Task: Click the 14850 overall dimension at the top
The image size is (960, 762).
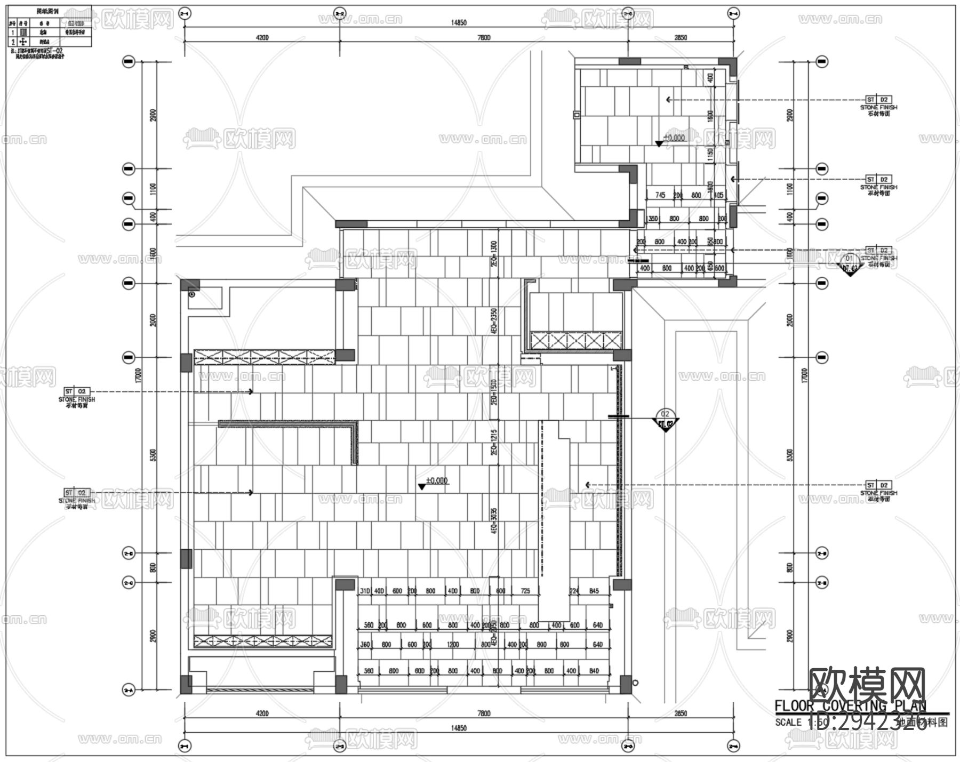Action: (x=459, y=22)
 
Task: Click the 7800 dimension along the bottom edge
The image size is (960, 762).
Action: (x=484, y=713)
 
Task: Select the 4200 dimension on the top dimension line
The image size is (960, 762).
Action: (x=262, y=37)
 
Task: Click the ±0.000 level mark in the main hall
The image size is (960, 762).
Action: (x=437, y=481)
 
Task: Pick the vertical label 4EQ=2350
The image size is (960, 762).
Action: (x=494, y=320)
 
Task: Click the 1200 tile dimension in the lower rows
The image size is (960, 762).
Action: (x=453, y=644)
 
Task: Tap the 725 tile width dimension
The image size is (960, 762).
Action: (x=525, y=591)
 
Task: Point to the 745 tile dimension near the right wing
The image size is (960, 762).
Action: (x=660, y=195)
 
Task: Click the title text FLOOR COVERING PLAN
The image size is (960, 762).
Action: (x=850, y=706)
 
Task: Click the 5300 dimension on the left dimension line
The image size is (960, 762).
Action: (x=154, y=455)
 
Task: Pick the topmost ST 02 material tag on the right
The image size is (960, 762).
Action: (x=878, y=100)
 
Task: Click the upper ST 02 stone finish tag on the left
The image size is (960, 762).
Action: (x=77, y=391)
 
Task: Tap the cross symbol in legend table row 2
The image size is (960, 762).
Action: (x=23, y=42)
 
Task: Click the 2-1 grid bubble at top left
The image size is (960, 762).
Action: (x=185, y=13)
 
